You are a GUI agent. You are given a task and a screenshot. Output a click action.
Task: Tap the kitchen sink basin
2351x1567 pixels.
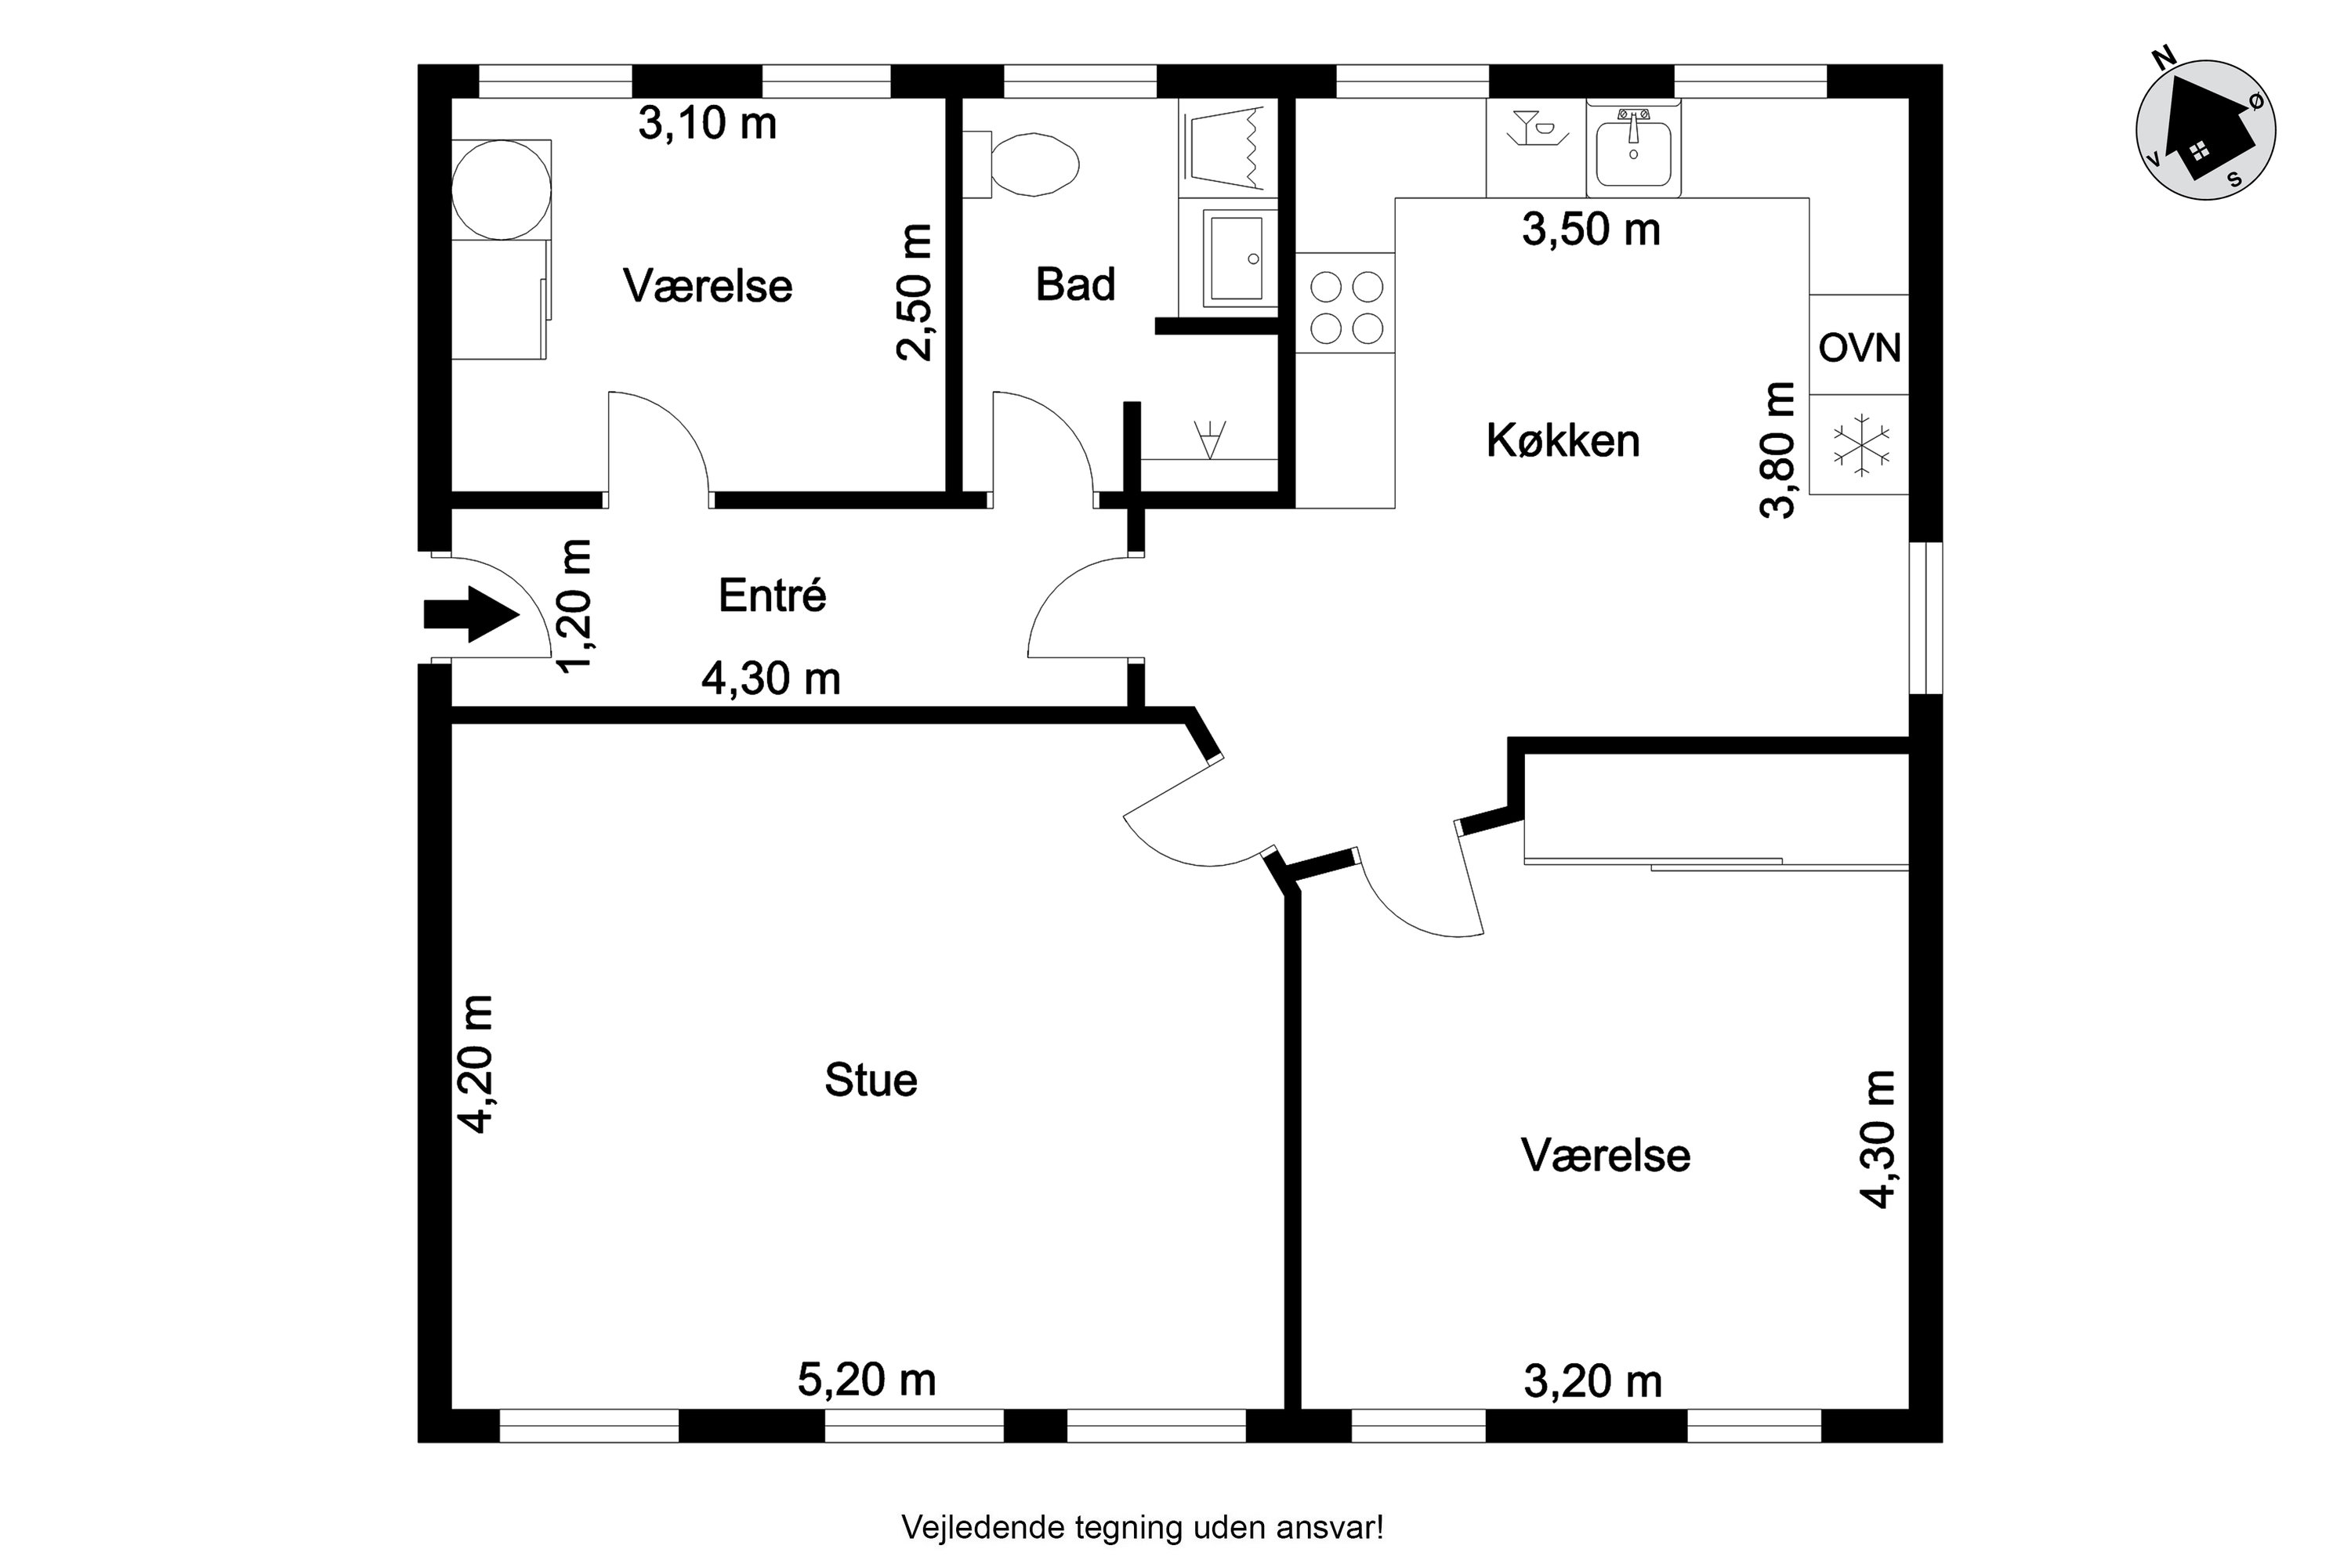[x=1633, y=153]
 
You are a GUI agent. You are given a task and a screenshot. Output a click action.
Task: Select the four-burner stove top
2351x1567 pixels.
[x=1346, y=307]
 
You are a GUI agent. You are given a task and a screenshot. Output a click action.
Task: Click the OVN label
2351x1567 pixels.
[x=1859, y=348]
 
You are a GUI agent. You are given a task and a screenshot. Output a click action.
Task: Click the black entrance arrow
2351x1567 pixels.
[x=472, y=613]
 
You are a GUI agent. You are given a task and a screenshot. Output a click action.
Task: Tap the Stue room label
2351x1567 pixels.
[x=871, y=1080]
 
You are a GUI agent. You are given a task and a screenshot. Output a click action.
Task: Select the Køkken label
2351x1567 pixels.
[x=1563, y=440]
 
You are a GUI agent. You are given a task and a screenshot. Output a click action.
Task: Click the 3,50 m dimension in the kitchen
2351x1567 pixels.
[x=1592, y=230]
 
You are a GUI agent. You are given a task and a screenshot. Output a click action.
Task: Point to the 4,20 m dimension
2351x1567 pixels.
[x=476, y=1063]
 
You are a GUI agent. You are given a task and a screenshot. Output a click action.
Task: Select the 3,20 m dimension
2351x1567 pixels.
[x=1593, y=1382]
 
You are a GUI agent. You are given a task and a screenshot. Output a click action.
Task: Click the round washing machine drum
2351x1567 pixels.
[x=501, y=190]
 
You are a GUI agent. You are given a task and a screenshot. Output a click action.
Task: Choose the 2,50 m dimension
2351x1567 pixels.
[x=915, y=291]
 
